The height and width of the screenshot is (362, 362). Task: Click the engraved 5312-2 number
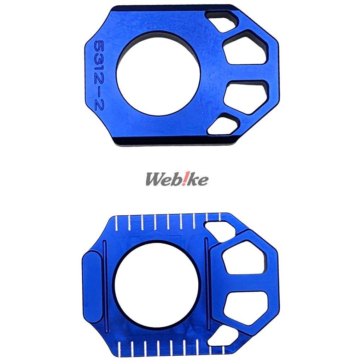coord(99,75)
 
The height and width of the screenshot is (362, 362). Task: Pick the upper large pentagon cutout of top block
coord(246,48)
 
